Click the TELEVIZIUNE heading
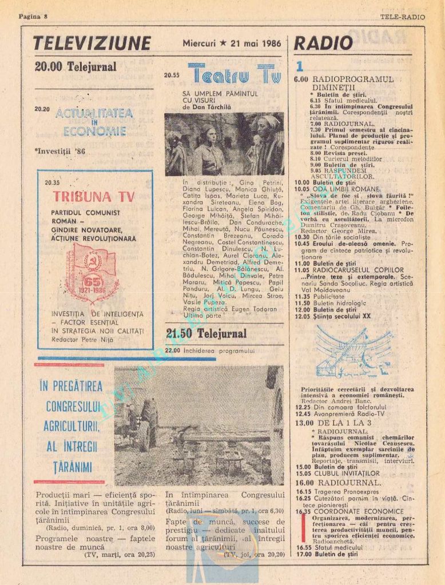(x=92, y=43)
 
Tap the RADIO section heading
(x=324, y=43)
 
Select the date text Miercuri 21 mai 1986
(x=232, y=43)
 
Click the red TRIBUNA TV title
(x=94, y=197)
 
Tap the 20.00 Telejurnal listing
(x=76, y=67)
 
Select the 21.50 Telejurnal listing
(x=206, y=333)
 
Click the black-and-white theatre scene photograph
(x=224, y=144)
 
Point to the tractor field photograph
(x=198, y=425)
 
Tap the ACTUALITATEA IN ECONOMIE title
(x=94, y=122)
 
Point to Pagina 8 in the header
(x=33, y=17)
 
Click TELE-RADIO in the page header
(x=403, y=17)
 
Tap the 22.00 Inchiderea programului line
(x=209, y=351)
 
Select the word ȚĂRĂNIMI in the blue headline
(x=69, y=467)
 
